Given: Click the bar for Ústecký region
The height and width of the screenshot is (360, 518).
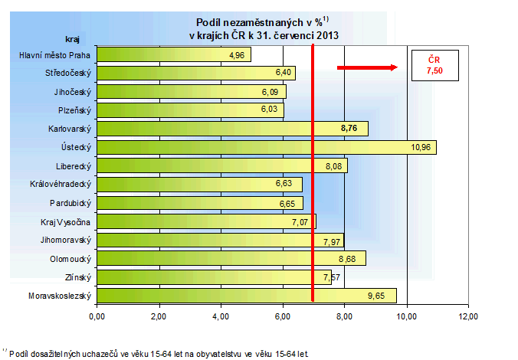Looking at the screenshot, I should (267, 147).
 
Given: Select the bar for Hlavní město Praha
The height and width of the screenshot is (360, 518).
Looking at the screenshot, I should (174, 55).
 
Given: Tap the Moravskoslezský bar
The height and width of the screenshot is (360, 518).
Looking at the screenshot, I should (246, 295).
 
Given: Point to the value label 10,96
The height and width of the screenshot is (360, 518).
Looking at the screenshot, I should (420, 147).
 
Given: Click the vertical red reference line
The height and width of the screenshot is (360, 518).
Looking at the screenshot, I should (313, 176).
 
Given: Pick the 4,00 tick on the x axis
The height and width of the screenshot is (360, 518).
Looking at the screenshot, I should (221, 316).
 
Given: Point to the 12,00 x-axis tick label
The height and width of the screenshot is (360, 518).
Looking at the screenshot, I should (468, 316).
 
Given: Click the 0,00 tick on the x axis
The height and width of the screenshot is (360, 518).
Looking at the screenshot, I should (97, 316).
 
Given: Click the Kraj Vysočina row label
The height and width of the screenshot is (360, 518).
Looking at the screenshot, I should (66, 221).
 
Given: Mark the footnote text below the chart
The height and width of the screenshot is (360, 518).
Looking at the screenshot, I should (157, 354).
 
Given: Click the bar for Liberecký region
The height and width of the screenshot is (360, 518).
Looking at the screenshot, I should (221, 165).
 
